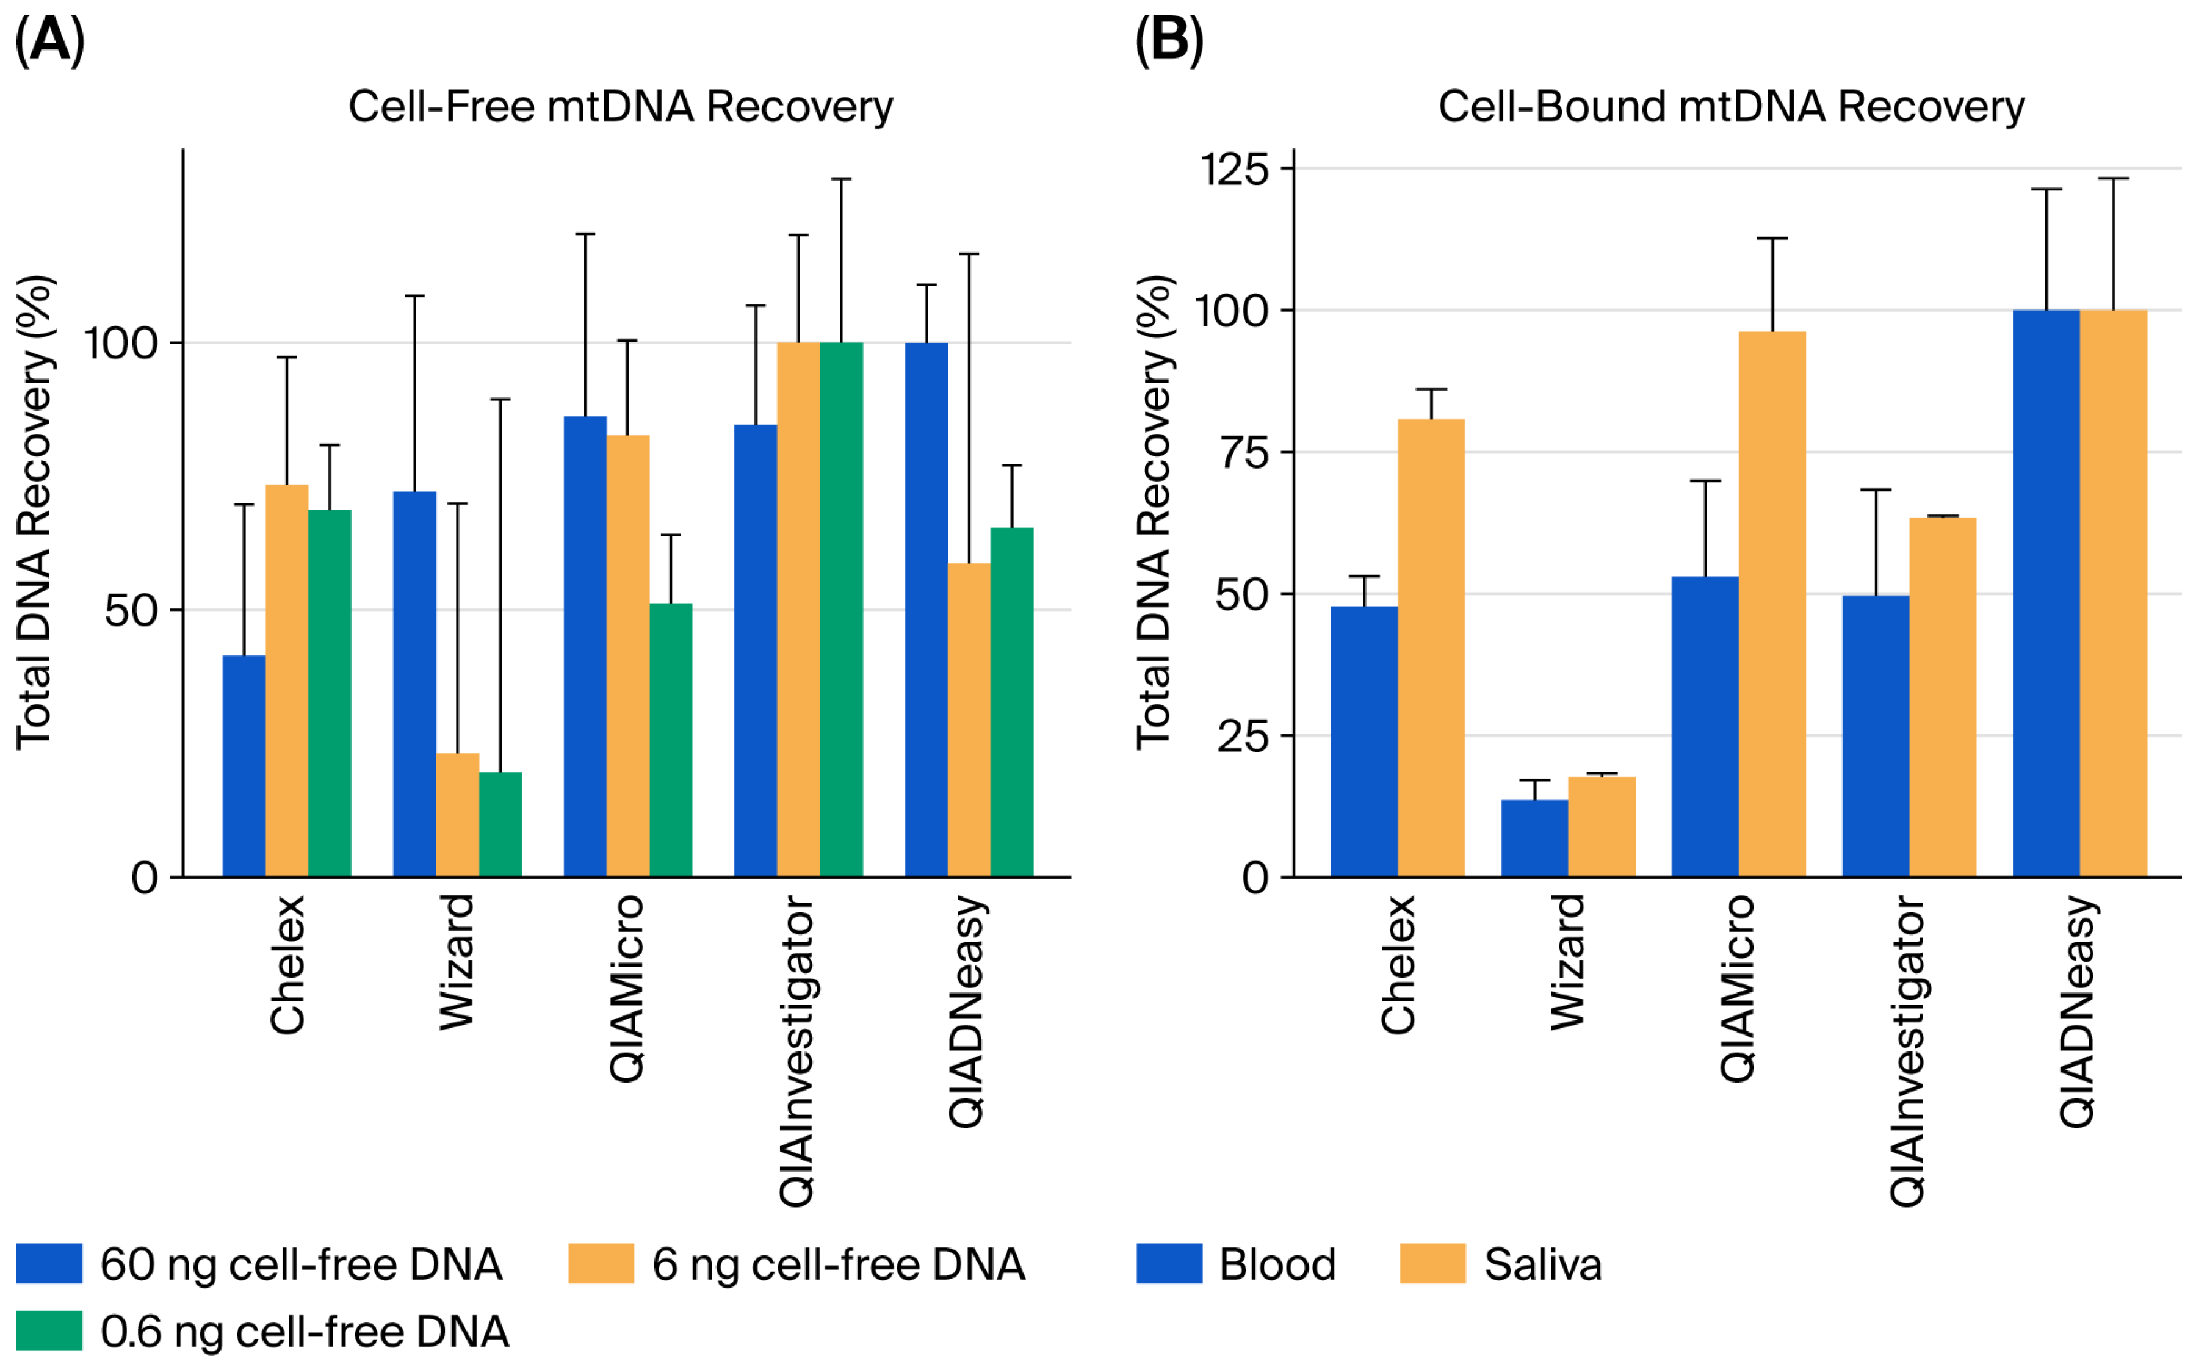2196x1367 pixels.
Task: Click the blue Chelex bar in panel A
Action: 244,766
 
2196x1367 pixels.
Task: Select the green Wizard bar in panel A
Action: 500,824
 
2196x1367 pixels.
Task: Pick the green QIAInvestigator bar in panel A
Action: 841,610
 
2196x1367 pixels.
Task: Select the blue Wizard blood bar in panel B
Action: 1534,837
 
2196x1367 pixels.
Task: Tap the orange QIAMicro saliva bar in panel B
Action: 1772,604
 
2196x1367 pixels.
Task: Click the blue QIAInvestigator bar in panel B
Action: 1875,736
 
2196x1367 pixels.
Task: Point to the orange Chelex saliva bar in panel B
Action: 1431,647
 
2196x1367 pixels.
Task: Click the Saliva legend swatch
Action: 1432,1263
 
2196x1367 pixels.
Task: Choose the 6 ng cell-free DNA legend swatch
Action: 601,1263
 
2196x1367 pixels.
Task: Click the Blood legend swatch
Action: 1169,1263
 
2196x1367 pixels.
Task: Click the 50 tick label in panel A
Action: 131,611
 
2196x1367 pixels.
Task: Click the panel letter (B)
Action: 1168,41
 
